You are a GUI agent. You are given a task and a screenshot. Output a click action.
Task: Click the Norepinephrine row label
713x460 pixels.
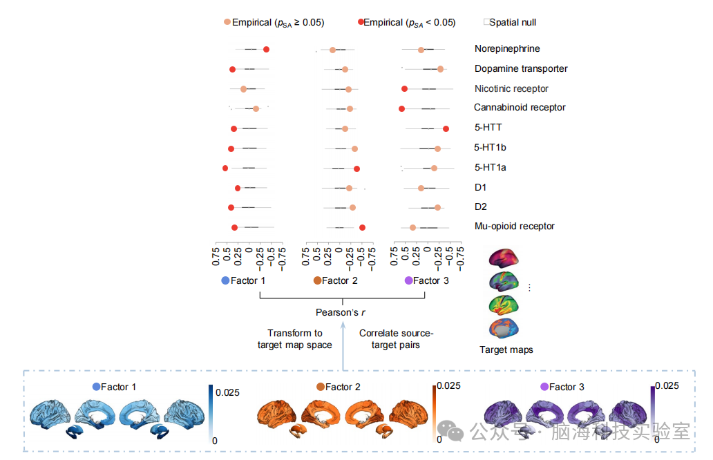[x=507, y=49]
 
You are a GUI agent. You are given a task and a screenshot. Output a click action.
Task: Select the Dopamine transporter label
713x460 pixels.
[x=521, y=69]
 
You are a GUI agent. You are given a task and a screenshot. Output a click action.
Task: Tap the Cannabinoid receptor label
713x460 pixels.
[x=520, y=108]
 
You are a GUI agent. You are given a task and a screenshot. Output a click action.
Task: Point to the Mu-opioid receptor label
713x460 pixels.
[x=514, y=227]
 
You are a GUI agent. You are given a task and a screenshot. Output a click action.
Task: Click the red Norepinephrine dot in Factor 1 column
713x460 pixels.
[x=266, y=49]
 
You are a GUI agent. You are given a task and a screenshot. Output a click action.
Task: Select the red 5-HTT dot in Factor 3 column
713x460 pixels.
[x=446, y=128]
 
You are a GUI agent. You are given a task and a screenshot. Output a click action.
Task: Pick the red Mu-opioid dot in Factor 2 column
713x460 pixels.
[x=362, y=227]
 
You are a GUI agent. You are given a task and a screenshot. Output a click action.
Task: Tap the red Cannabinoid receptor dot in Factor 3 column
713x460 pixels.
[x=401, y=108]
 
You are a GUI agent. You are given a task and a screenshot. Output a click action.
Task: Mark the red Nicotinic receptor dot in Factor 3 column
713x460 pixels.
[x=404, y=88]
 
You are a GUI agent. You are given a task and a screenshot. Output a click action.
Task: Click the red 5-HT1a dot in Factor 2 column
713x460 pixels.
[x=356, y=169]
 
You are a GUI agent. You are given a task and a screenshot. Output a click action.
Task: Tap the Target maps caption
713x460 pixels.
[x=506, y=350]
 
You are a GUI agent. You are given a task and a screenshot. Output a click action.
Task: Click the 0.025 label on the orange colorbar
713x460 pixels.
[x=449, y=386]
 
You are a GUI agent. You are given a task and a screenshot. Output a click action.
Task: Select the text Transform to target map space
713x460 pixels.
[x=294, y=339]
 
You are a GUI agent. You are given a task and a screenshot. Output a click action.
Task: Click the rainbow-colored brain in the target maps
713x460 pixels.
[x=504, y=305]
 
